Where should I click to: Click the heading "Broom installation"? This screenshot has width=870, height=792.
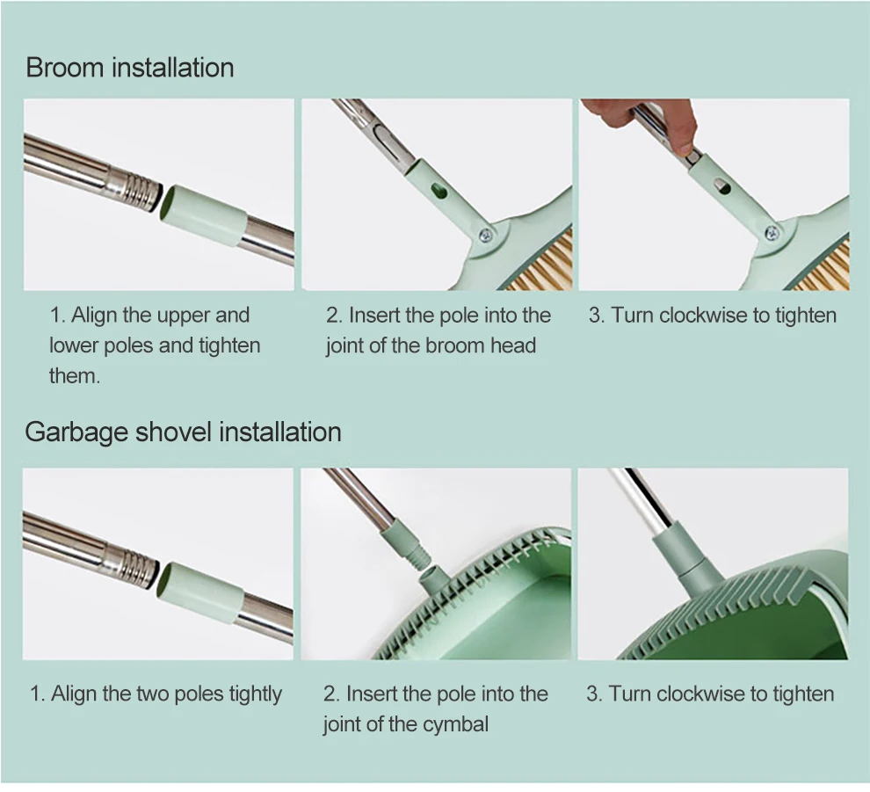130,68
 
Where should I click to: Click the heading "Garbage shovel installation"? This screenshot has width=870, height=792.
183,432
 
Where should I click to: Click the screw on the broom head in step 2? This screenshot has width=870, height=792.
486,236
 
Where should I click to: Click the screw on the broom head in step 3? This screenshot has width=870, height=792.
772,233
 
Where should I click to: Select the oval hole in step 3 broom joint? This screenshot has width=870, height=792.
722,186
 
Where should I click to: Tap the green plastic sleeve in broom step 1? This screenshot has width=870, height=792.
203,215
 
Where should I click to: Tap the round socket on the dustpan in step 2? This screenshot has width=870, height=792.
432,579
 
